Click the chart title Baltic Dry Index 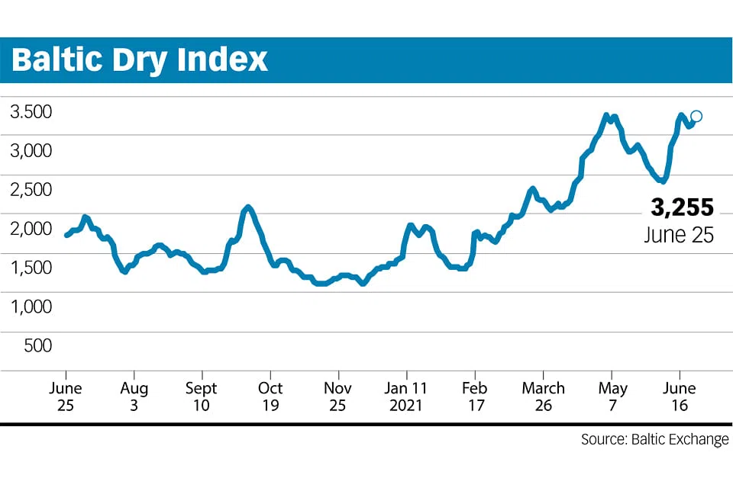(x=140, y=60)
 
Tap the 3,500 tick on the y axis (x=31, y=112)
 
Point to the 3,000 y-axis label (x=31, y=151)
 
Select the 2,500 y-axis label (x=31, y=190)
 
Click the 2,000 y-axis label (x=31, y=229)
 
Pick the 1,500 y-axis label (x=31, y=268)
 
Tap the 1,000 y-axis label (x=31, y=307)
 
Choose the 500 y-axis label (x=37, y=345)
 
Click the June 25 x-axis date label (x=66, y=396)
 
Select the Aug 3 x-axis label (x=134, y=396)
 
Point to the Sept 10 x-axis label (x=202, y=396)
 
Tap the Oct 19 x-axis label (x=270, y=396)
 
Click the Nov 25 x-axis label (x=338, y=396)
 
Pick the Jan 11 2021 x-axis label (x=406, y=396)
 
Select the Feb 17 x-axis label (x=475, y=396)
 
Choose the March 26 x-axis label (x=543, y=396)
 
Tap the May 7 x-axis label (x=612, y=396)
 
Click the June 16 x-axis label (x=680, y=396)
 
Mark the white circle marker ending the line (x=696, y=117)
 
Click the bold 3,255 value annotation (x=682, y=207)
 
